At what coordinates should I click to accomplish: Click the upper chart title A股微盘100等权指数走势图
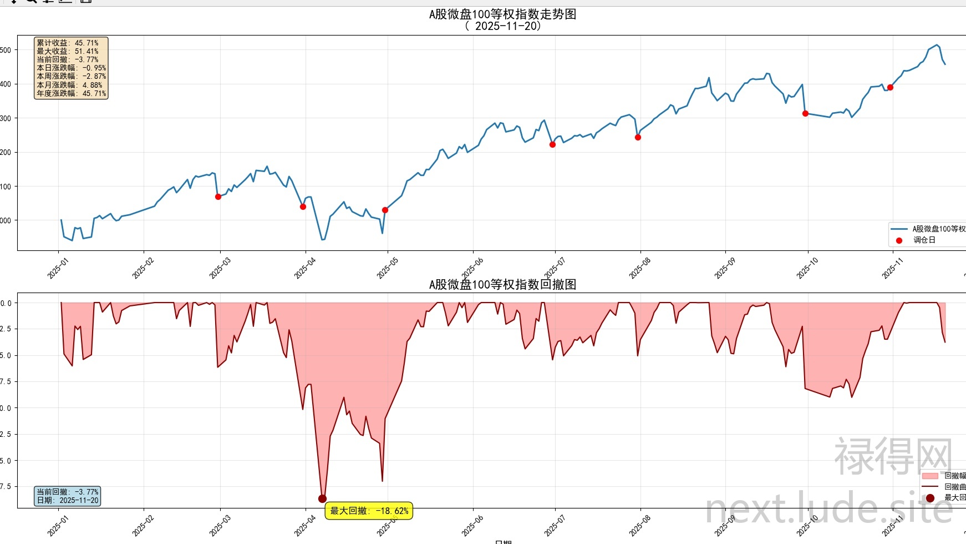[x=502, y=14]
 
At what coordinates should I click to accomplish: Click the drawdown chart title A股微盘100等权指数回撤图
[x=502, y=285]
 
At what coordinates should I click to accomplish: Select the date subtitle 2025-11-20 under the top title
[x=502, y=26]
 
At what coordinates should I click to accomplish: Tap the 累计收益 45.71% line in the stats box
[x=68, y=43]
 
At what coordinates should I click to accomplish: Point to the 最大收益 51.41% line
[x=68, y=51]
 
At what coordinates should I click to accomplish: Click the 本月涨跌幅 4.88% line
[x=70, y=85]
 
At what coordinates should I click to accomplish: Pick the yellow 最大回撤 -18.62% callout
[x=369, y=511]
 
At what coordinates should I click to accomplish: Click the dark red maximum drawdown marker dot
[x=322, y=498]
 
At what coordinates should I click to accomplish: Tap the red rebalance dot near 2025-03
[x=218, y=197]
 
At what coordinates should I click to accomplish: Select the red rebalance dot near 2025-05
[x=385, y=210]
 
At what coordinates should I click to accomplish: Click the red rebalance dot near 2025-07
[x=552, y=144]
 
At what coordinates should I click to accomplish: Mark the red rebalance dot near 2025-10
[x=805, y=113]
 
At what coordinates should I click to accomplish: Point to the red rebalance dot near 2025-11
[x=890, y=87]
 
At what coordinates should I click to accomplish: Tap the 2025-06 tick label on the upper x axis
[x=472, y=269]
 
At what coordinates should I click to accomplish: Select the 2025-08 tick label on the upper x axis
[x=639, y=269]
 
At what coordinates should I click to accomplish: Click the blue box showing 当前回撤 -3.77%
[x=67, y=496]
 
